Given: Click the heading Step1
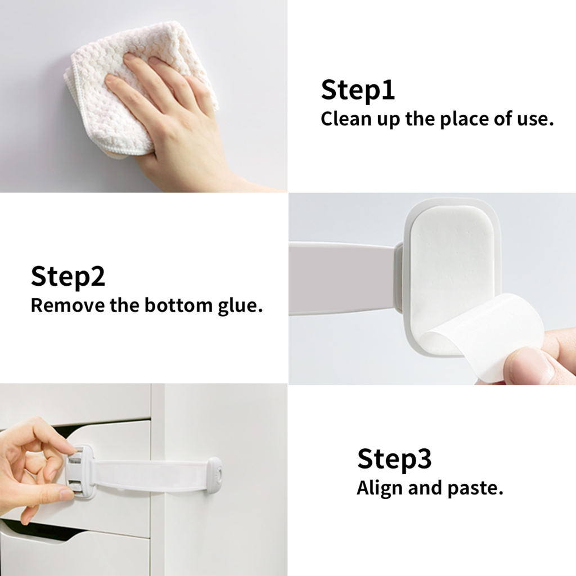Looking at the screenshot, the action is [358, 89].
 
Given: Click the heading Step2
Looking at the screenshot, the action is [68, 276].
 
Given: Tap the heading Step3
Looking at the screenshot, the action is [394, 459].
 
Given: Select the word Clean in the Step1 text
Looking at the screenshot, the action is [341, 119].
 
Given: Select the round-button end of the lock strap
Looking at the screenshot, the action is [214, 475].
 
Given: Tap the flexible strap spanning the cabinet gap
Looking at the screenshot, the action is [151, 476].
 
